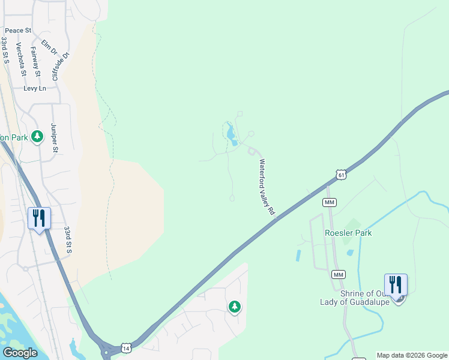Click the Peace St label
point(18,31)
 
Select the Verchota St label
point(22,59)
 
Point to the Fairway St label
point(35,62)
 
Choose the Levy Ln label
point(35,88)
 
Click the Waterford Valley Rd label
point(267,187)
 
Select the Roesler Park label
point(348,233)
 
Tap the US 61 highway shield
point(341,175)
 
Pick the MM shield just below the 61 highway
point(329,202)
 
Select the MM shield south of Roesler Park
point(339,274)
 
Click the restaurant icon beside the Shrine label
point(396,284)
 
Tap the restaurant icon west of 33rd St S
point(39,218)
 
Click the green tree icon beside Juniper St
point(38,137)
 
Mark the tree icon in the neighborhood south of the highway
point(234,307)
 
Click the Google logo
point(20,353)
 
